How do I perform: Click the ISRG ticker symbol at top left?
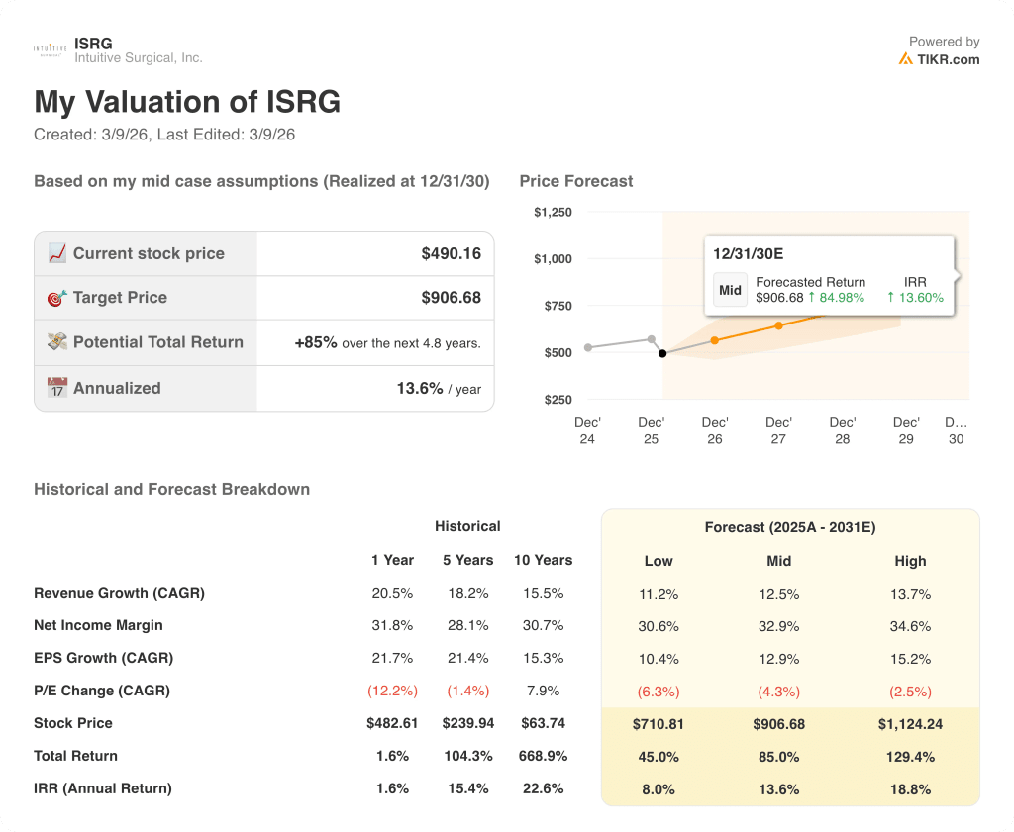click(93, 44)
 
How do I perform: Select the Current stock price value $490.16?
click(451, 254)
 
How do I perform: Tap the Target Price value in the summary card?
click(451, 298)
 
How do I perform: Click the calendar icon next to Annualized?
click(57, 388)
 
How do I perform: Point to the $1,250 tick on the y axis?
click(553, 212)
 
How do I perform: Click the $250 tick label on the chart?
click(557, 400)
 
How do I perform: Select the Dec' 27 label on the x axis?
click(778, 430)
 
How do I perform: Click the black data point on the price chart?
click(662, 353)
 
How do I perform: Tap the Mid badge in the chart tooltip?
click(730, 290)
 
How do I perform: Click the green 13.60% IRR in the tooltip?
click(915, 297)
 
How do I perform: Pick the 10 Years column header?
click(543, 560)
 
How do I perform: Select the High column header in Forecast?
click(910, 561)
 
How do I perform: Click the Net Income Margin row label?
click(98, 625)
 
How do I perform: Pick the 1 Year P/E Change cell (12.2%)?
click(392, 691)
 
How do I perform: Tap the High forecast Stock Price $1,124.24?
click(910, 724)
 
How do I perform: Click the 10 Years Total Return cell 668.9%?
click(543, 756)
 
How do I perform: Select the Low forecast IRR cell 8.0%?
click(659, 789)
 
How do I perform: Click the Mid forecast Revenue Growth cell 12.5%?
click(778, 594)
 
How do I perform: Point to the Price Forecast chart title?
click(576, 181)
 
